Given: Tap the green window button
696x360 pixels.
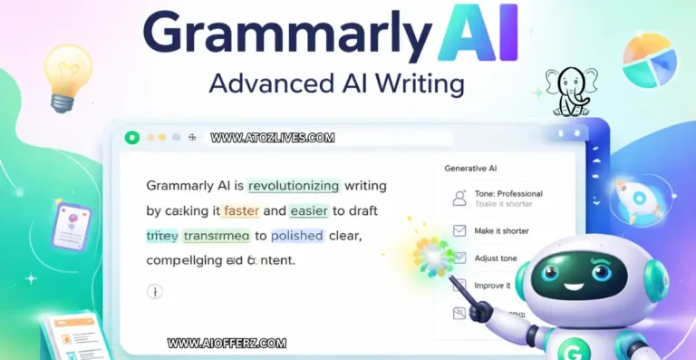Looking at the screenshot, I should pos(132,138).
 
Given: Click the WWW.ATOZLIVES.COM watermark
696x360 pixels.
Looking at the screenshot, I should pos(273,139).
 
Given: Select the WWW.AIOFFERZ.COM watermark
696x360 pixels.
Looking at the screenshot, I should pos(227,344).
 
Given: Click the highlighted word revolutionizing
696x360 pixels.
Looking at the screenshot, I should pos(293,186).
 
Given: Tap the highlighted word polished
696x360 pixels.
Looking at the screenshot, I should pos(297,235).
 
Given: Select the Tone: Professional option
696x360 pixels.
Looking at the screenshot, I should pos(507,193).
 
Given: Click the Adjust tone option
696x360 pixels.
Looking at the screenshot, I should pos(495,258).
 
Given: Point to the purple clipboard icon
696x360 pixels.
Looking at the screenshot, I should pos(72,226).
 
